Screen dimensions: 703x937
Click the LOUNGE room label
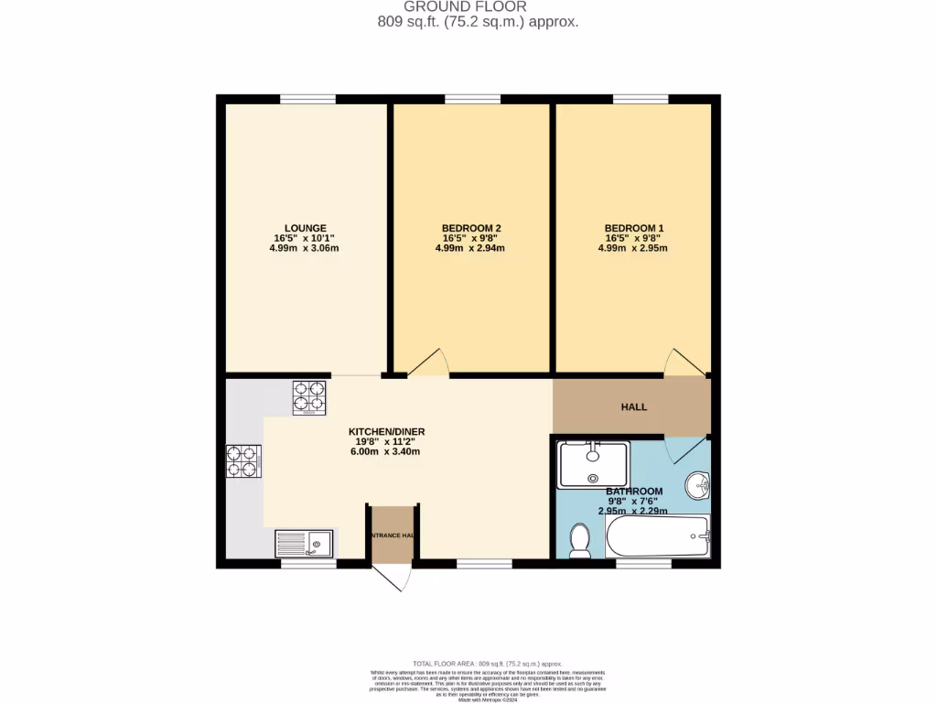tap(305, 228)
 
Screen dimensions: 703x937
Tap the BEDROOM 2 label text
tap(470, 228)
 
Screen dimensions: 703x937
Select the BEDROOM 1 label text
tap(633, 228)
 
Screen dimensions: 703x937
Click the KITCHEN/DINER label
tap(386, 431)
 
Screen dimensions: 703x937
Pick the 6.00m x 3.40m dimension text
tap(386, 451)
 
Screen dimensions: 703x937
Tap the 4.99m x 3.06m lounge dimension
tap(305, 248)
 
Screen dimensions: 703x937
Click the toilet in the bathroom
tap(579, 540)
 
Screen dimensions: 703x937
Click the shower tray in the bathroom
tap(594, 465)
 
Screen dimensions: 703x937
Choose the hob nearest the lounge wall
tap(308, 397)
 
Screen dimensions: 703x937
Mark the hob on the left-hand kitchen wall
tap(243, 461)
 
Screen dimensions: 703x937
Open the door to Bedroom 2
tap(428, 363)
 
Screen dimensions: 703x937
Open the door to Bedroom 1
tap(684, 363)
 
